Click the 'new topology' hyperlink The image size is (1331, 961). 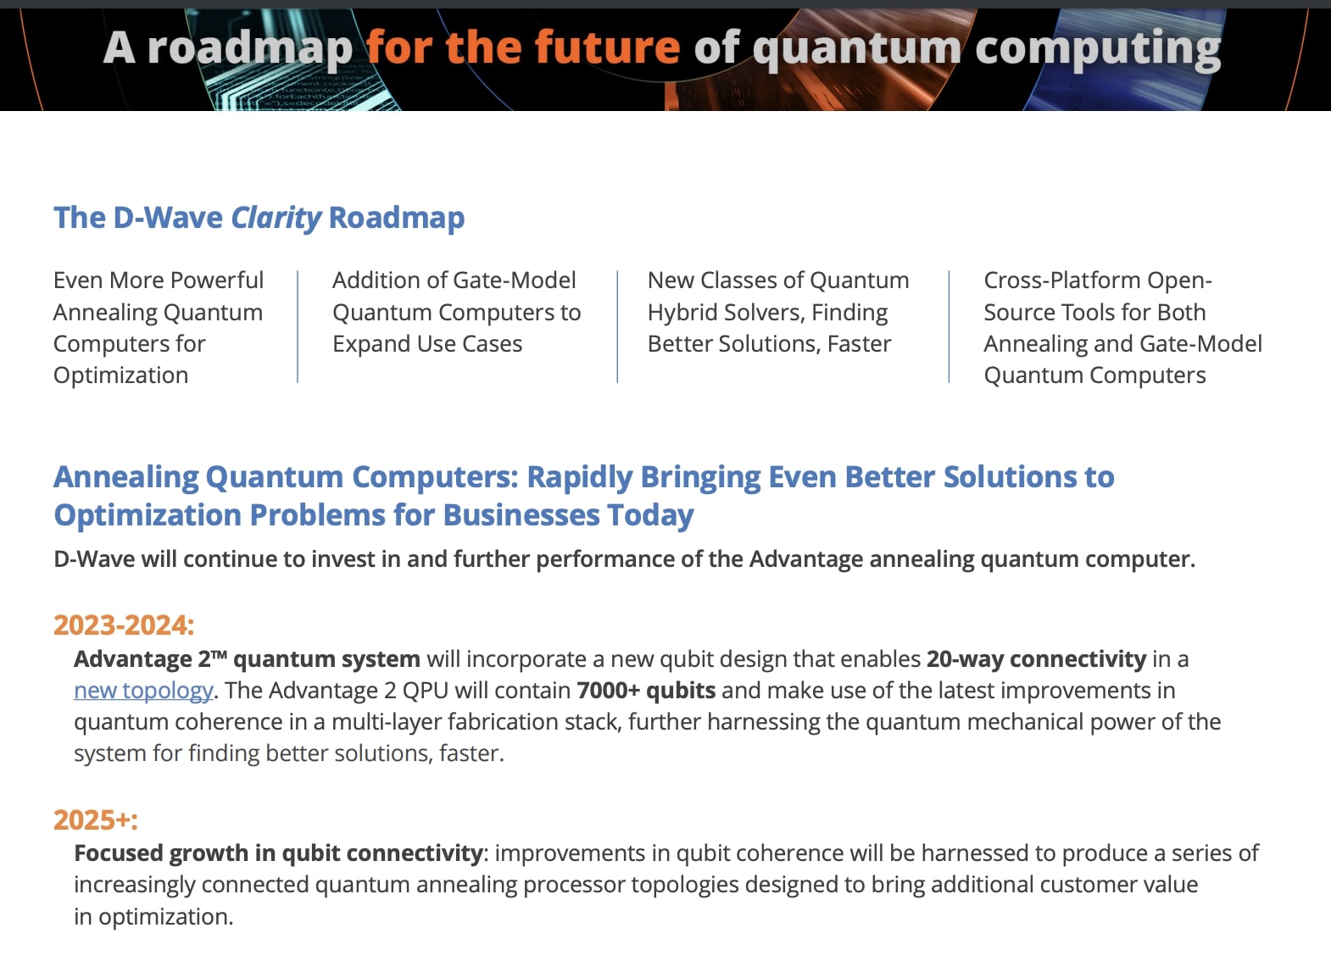(142, 691)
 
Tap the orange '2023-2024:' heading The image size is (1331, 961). (124, 625)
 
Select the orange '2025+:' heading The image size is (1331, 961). (95, 820)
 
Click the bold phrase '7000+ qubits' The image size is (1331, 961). (646, 691)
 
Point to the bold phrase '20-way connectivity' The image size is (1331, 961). (1036, 659)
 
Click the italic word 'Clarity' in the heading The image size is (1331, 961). (276, 218)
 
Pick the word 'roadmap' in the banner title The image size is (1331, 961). (249, 48)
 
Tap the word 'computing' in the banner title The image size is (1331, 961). (1098, 48)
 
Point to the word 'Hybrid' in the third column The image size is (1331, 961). (682, 313)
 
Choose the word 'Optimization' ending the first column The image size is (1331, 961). (120, 375)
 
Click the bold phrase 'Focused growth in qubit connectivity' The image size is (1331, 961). (278, 853)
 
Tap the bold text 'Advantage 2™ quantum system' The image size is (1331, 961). (247, 659)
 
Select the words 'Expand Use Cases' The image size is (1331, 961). (427, 344)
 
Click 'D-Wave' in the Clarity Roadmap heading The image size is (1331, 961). (167, 218)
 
